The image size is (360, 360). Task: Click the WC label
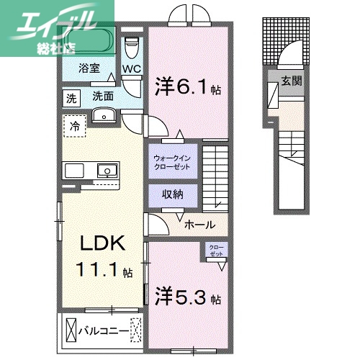[x=131, y=70]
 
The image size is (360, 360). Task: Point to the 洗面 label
[x=102, y=96]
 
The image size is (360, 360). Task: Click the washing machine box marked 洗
[x=71, y=97]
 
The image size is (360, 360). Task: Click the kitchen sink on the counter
[x=107, y=171]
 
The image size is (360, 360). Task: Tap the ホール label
[x=200, y=225]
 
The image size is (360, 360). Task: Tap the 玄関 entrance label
[x=291, y=81]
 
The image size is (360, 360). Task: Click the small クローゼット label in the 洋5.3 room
[x=216, y=251]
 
